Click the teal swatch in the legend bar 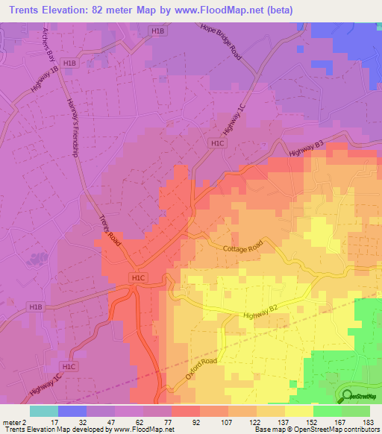44,411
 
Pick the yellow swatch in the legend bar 299,411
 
